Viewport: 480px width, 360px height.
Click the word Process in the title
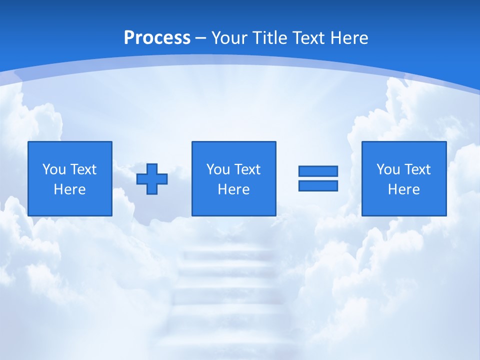[157, 38]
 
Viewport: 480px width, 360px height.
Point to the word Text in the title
[308, 38]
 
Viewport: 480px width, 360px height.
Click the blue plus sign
[152, 179]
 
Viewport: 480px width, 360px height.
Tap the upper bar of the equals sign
[318, 171]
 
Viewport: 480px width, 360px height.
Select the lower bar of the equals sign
[318, 186]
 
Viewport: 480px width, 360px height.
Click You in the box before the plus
[54, 169]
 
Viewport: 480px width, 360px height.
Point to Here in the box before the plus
[69, 189]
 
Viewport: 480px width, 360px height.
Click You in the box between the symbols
[218, 169]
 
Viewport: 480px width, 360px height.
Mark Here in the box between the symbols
[233, 189]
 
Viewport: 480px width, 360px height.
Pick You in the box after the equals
[388, 169]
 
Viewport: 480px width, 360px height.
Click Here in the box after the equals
[404, 189]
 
